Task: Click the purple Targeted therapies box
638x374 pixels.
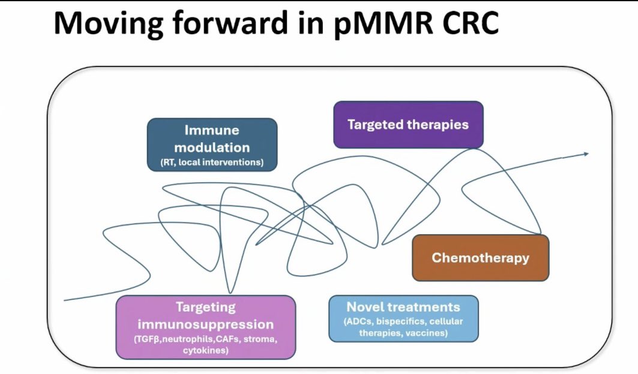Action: pyautogui.click(x=408, y=124)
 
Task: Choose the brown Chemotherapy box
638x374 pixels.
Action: pyautogui.click(x=481, y=258)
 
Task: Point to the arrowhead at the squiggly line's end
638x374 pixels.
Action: pyautogui.click(x=586, y=154)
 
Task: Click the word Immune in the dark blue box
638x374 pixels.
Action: pyautogui.click(x=212, y=130)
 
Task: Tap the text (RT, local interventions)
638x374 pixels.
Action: pyautogui.click(x=212, y=162)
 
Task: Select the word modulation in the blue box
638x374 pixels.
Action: pyautogui.click(x=212, y=147)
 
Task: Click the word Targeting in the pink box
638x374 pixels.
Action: pyautogui.click(x=205, y=307)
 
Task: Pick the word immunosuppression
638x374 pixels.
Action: pyautogui.click(x=205, y=324)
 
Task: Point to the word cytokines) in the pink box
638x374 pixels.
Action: pyautogui.click(x=205, y=351)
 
